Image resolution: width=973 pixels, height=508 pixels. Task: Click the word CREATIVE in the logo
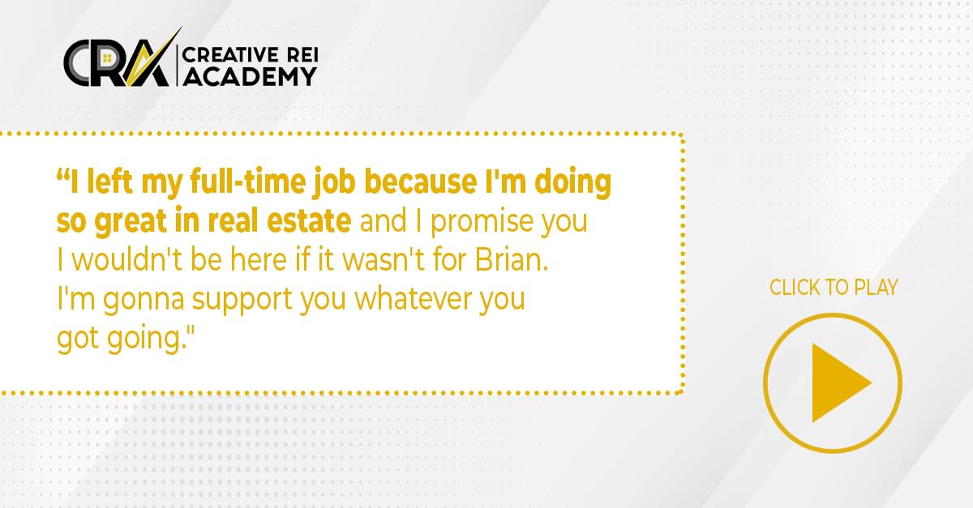[230, 55]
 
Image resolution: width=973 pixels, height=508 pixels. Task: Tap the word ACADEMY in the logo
[250, 77]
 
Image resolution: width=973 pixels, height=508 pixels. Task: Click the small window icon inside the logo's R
[107, 58]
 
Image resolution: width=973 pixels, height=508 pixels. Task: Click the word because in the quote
[420, 181]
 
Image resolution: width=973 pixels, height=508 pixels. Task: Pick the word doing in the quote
[573, 182]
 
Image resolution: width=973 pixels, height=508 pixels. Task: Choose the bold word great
[131, 221]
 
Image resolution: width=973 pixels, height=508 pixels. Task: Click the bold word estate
[309, 220]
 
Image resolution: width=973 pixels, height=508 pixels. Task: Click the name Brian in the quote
[512, 259]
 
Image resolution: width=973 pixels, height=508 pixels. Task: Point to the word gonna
[144, 301]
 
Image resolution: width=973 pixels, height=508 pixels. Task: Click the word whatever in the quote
[413, 298]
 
